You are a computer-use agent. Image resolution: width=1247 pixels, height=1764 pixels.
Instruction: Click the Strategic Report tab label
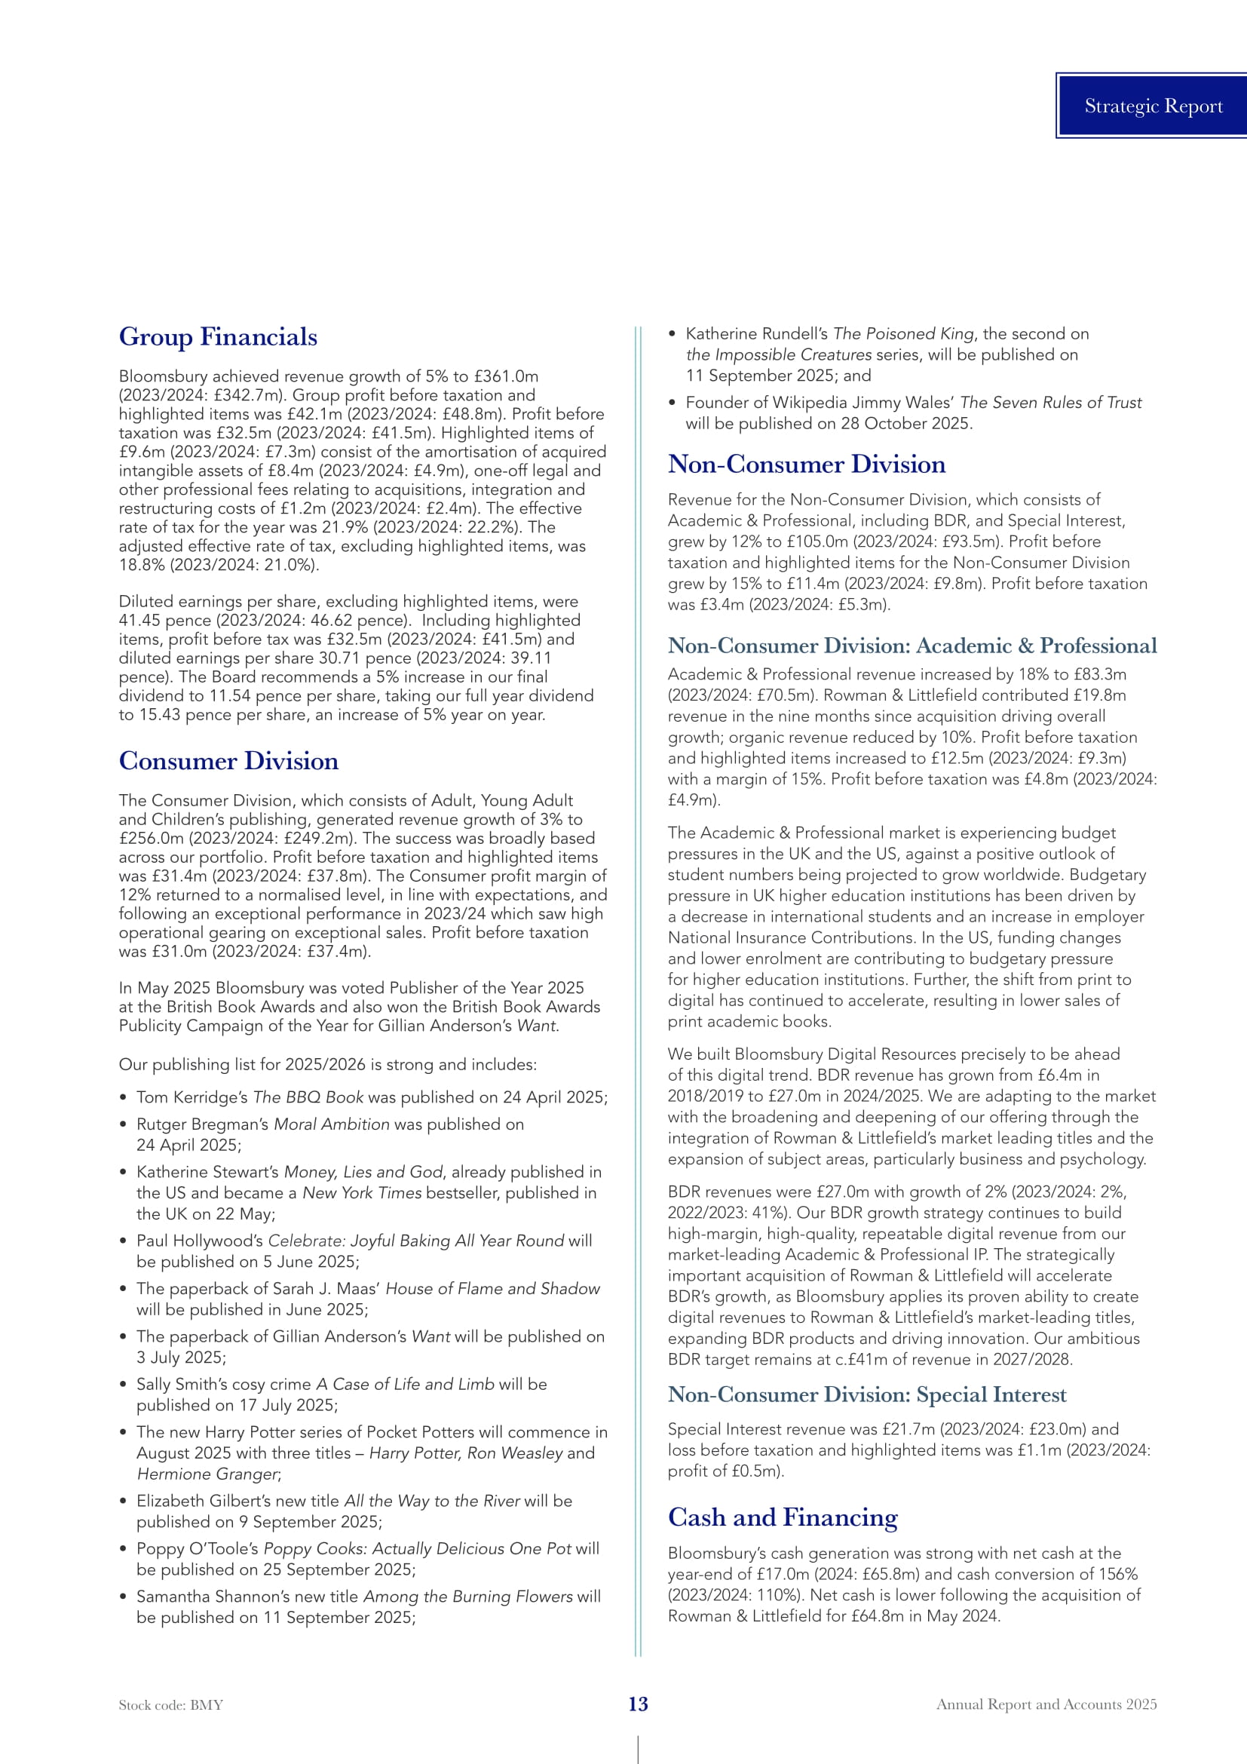1153,106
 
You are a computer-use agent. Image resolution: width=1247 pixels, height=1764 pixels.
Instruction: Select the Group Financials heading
218,336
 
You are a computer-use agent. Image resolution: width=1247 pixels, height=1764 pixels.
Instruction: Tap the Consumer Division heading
229,761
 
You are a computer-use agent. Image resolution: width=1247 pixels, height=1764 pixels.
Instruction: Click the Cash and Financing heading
783,1517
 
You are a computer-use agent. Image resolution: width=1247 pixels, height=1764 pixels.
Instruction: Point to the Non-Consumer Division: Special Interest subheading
867,1394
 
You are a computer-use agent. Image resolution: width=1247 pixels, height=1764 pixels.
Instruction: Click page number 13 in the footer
638,1704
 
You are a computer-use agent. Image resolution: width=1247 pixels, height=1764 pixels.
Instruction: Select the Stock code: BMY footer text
170,1705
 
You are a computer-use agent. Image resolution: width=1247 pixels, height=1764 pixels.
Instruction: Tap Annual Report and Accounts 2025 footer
1046,1704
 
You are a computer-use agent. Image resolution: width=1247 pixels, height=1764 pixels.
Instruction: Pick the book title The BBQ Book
308,1097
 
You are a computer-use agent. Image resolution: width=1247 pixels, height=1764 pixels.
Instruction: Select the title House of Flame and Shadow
492,1288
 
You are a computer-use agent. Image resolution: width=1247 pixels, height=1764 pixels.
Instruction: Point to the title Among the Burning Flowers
467,1596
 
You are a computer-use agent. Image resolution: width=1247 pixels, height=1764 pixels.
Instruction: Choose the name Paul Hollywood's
200,1241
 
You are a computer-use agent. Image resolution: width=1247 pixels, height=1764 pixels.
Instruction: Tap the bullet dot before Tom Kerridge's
124,1098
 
